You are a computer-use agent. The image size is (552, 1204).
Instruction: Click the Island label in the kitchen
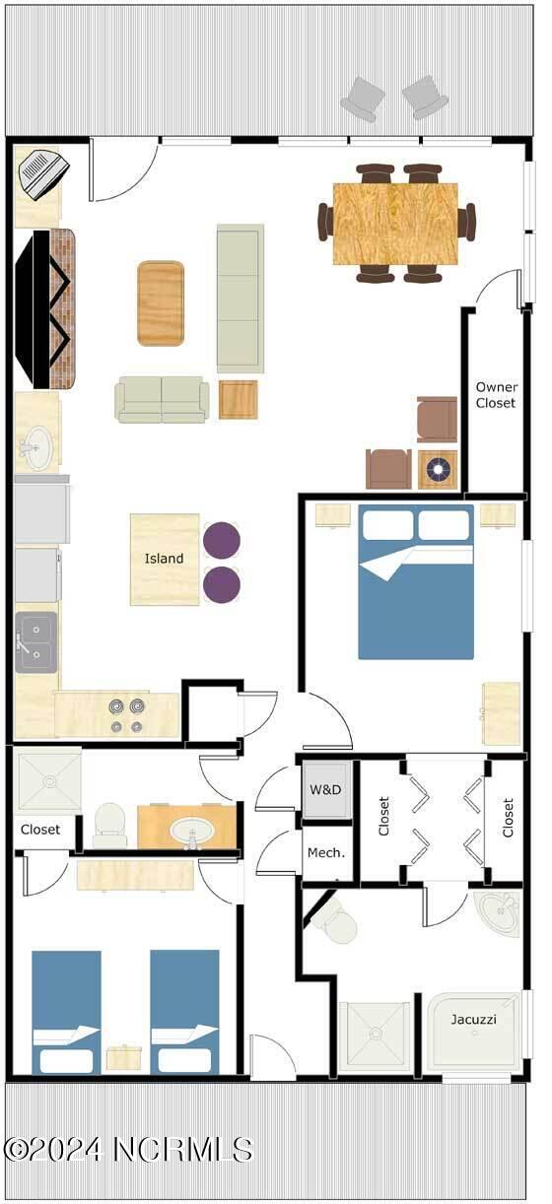tap(164, 559)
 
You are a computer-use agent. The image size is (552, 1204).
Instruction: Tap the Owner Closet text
tap(496, 394)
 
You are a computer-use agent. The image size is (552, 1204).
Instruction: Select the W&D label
tap(325, 789)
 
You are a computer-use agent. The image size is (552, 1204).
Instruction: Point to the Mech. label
tap(325, 852)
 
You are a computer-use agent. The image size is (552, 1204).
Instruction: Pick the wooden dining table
tap(395, 224)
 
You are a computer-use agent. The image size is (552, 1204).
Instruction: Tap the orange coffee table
tap(161, 303)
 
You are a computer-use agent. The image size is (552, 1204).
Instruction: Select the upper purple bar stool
tap(221, 540)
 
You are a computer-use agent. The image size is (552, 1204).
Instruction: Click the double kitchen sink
tap(35, 641)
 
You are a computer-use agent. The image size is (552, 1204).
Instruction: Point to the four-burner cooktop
tap(125, 716)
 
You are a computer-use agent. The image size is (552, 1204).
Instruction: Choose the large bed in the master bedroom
tap(416, 581)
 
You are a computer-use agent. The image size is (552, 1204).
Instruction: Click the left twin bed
tap(66, 1011)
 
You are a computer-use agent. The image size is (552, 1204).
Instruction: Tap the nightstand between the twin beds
tap(124, 1057)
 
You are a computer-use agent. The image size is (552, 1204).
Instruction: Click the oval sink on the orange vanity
tap(188, 832)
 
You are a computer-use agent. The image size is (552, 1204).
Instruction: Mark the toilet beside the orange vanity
tap(108, 825)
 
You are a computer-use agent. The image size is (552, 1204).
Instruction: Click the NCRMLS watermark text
tap(128, 1149)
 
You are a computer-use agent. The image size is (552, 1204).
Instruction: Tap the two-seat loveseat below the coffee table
tap(162, 399)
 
